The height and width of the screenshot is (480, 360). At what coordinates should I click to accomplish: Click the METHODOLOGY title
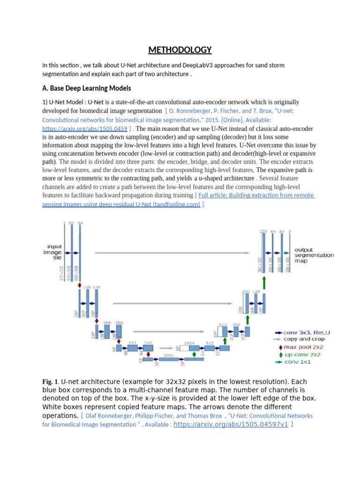click(180, 50)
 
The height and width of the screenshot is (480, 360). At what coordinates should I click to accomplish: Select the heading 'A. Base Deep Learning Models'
click(86, 88)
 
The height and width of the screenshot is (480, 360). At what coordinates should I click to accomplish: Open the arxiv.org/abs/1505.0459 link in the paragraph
click(84, 128)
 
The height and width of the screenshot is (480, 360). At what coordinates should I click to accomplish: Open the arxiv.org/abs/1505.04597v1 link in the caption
click(231, 424)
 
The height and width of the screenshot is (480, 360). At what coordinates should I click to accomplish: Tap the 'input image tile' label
click(52, 252)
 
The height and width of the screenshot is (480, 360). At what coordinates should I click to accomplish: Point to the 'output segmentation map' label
click(314, 255)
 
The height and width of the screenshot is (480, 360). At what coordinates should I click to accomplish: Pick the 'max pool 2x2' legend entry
click(304, 347)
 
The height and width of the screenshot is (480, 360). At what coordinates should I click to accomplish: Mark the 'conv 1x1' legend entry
click(299, 362)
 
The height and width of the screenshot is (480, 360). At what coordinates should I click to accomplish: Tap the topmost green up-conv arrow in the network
click(264, 283)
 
